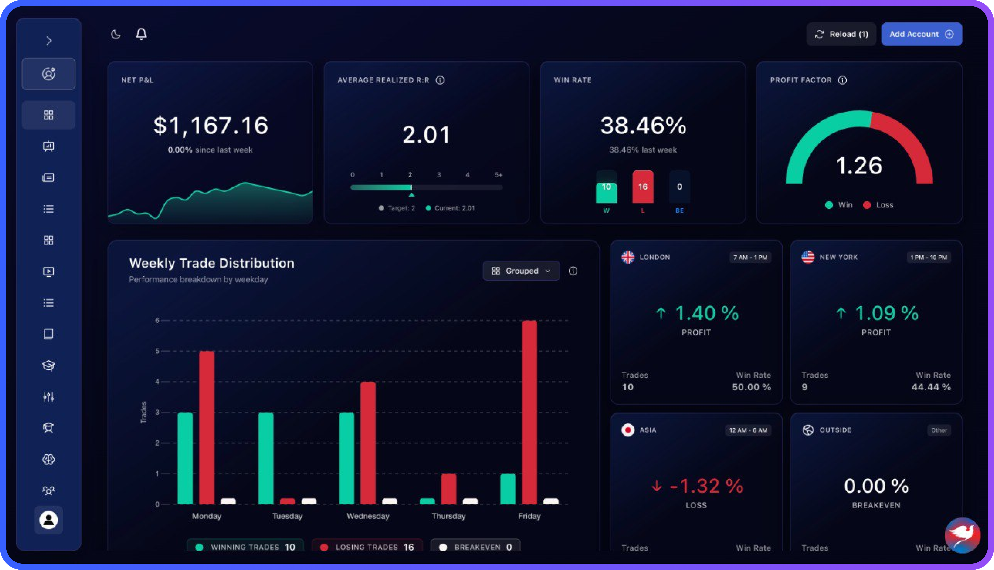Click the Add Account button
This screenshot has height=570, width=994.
(921, 34)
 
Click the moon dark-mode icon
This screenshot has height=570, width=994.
(116, 35)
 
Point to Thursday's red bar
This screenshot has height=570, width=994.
(449, 488)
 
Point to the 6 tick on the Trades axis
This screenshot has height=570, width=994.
(157, 320)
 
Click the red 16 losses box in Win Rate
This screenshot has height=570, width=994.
(643, 187)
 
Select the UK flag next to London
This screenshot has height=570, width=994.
(628, 257)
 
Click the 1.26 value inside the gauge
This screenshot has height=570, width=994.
(859, 166)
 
